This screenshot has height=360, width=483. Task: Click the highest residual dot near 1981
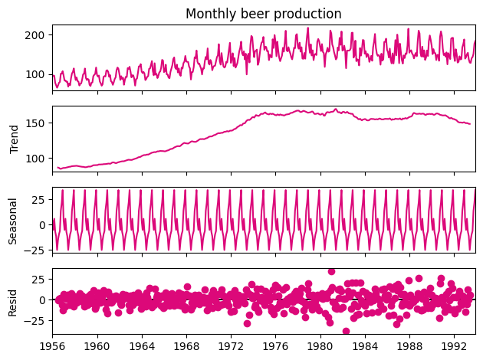pyautogui.click(x=331, y=271)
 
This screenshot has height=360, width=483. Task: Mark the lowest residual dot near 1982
pyautogui.click(x=346, y=332)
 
